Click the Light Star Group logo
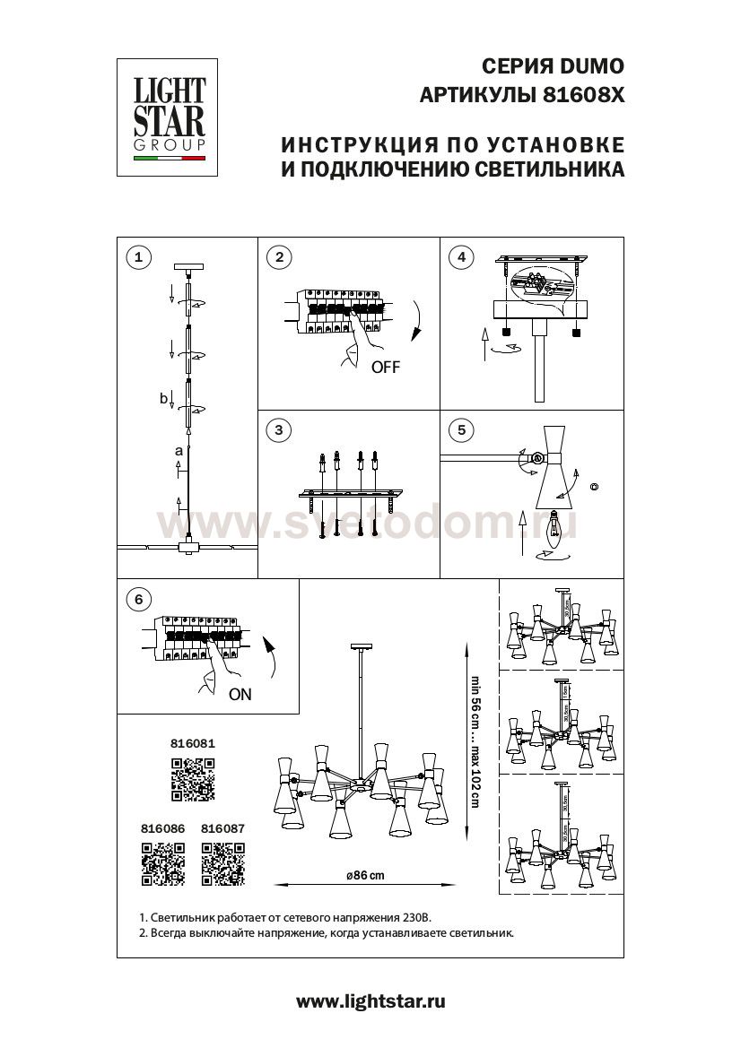(170, 117)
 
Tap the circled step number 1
(137, 258)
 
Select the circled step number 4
(461, 258)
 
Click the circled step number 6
(137, 599)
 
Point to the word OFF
(385, 368)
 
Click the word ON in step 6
(240, 693)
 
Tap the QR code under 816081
(193, 778)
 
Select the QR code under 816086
(162, 864)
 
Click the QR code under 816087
(222, 864)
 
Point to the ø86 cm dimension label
(363, 876)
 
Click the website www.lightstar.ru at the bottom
(370, 1000)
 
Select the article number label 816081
(193, 743)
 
